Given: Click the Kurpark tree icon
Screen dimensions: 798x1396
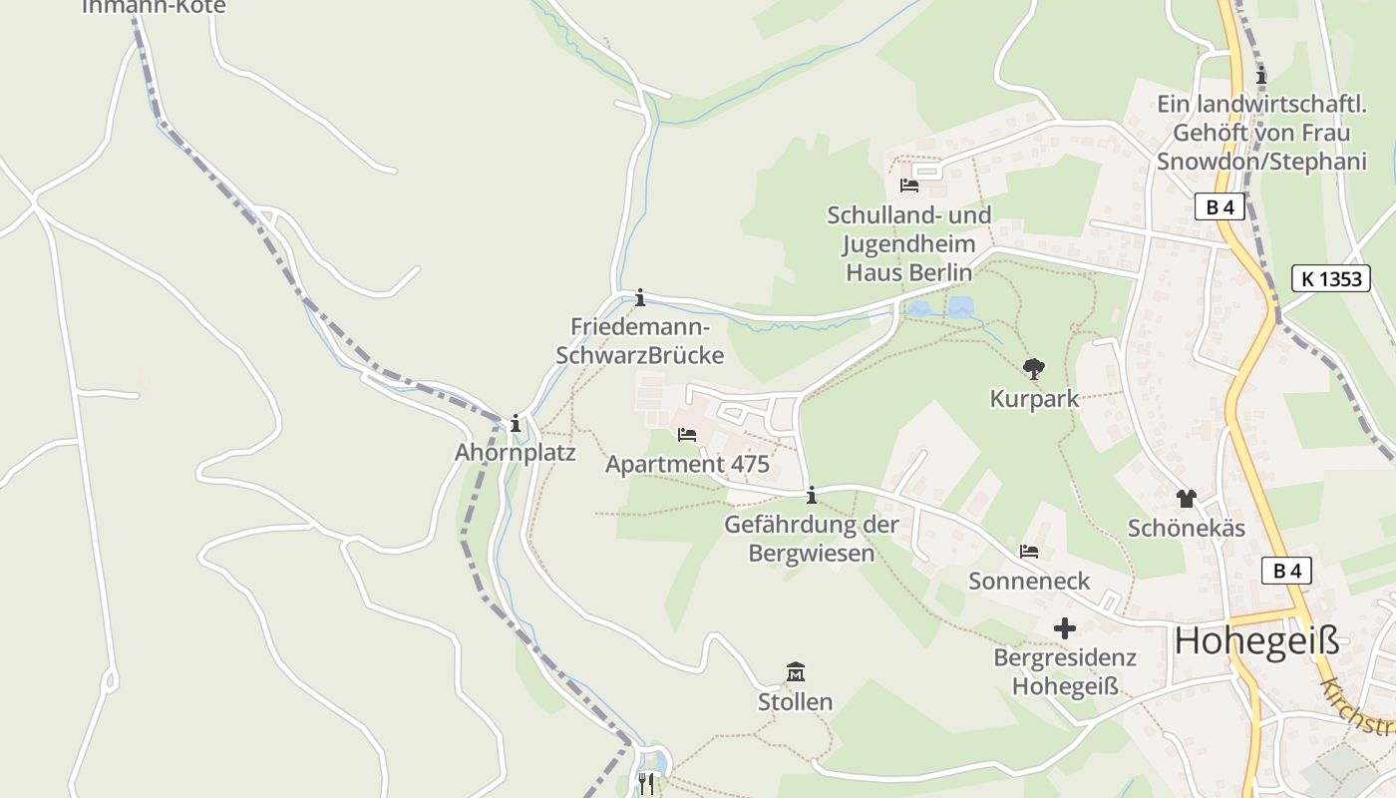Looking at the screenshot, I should (x=1034, y=369).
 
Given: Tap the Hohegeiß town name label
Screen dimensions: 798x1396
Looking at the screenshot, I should (x=1256, y=640).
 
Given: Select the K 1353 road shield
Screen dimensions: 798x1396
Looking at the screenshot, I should (x=1331, y=278).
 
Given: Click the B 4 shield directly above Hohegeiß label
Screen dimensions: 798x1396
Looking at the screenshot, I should (x=1286, y=571).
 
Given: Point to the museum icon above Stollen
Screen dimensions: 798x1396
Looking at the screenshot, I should (x=796, y=671).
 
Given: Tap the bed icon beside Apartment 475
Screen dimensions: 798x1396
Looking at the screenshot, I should (x=687, y=435).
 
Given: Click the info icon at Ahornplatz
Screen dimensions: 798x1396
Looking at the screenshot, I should (x=516, y=423).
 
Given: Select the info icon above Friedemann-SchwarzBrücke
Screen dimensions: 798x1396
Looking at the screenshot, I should (x=640, y=297).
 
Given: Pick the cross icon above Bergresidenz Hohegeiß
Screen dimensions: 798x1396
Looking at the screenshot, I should (x=1065, y=628).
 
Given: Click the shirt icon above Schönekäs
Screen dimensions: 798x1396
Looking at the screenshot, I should (x=1186, y=498).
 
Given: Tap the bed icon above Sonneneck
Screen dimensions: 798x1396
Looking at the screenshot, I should (x=1029, y=551).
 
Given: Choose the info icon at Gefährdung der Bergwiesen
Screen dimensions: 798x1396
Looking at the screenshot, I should (x=812, y=495).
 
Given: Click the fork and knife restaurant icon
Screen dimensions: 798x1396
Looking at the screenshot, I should (x=646, y=784).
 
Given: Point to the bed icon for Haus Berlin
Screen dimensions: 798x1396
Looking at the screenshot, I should (x=908, y=186).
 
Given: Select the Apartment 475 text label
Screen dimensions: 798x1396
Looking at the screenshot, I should (x=687, y=465).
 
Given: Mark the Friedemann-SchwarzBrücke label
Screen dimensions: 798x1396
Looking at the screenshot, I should (x=639, y=341).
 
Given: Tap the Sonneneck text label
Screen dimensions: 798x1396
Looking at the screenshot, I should (x=1029, y=581).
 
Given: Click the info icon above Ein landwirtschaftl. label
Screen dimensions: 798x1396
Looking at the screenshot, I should (x=1261, y=75).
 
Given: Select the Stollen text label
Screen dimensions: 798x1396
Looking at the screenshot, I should (x=795, y=702).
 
